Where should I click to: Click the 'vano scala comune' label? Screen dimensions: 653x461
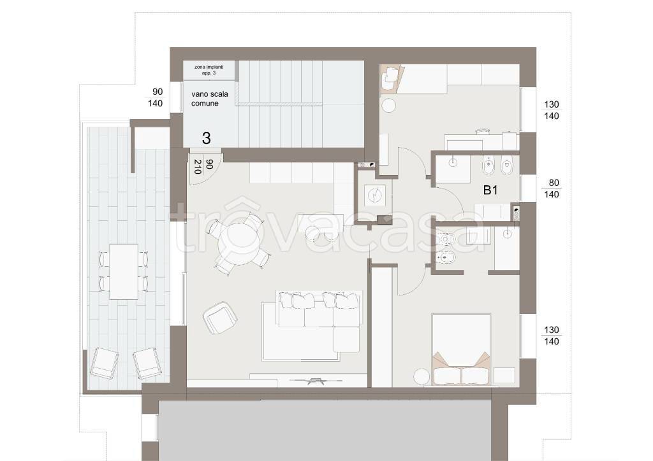(x=209, y=99)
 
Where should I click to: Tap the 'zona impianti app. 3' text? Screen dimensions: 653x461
(x=209, y=70)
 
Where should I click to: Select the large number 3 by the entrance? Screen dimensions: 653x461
(x=206, y=138)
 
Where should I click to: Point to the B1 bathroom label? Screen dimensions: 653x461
(x=490, y=190)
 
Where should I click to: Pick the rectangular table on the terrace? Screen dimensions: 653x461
(x=124, y=271)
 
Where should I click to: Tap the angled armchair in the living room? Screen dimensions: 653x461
(x=220, y=318)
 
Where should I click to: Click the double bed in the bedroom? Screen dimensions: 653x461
(x=461, y=349)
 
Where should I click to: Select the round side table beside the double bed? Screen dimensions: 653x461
(x=422, y=376)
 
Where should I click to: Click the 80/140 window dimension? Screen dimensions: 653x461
(x=552, y=188)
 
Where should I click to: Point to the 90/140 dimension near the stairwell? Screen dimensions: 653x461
(x=156, y=97)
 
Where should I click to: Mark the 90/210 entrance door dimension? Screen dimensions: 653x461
(x=202, y=166)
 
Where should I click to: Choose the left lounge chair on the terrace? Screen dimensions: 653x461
(x=104, y=363)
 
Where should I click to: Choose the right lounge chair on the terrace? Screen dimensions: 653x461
(x=147, y=364)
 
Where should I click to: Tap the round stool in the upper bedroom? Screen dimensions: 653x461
(x=388, y=105)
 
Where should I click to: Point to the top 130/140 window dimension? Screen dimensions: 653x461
(x=552, y=110)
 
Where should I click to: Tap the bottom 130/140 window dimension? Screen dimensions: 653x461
(x=552, y=336)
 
